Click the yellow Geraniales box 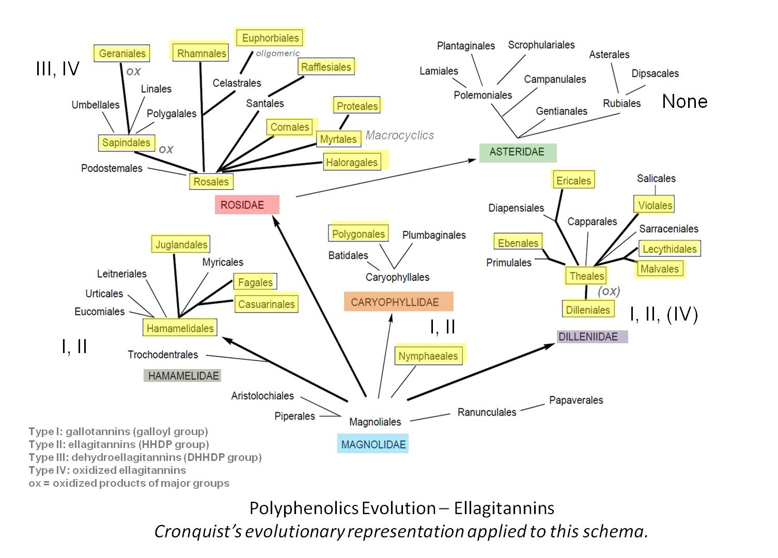click(x=122, y=53)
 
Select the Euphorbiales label click(x=270, y=38)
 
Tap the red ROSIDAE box click(x=247, y=204)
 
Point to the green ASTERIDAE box click(x=517, y=152)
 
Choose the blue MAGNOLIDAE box click(x=373, y=444)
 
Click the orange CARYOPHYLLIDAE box click(x=398, y=302)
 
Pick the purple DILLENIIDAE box click(x=592, y=337)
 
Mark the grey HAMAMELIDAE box click(x=182, y=376)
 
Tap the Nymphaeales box click(x=428, y=356)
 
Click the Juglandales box click(x=181, y=244)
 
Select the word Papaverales click(x=576, y=400)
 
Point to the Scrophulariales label click(x=541, y=45)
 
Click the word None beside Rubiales click(x=684, y=101)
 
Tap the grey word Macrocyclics click(x=399, y=135)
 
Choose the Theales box click(x=586, y=276)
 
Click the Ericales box click(x=573, y=181)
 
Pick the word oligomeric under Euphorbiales click(x=278, y=53)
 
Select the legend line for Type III click(x=145, y=457)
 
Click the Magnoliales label click(x=375, y=422)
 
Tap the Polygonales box click(x=358, y=234)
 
